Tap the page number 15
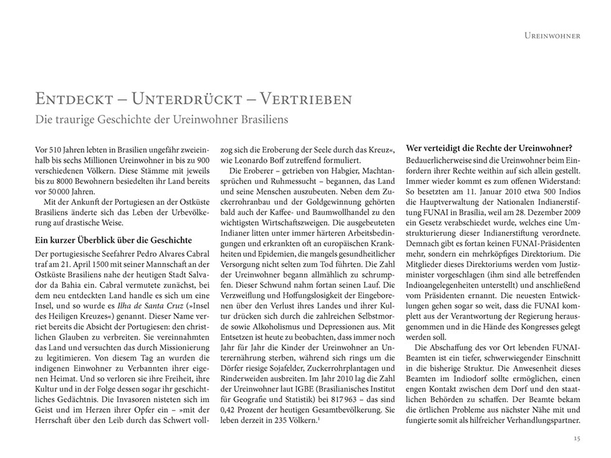pyautogui.click(x=577, y=439)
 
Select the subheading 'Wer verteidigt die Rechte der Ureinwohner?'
pyautogui.click(x=489, y=148)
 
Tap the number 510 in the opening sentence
pyautogui.click(x=57, y=152)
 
